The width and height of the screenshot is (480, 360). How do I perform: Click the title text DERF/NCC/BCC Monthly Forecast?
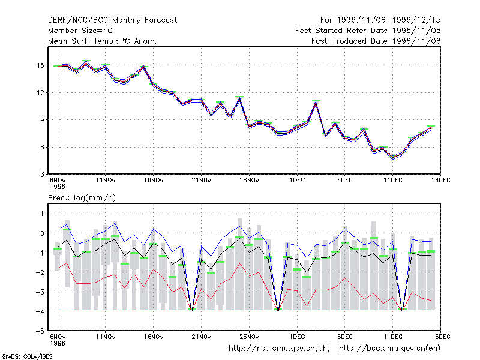point(112,20)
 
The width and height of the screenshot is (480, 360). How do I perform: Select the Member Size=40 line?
point(80,31)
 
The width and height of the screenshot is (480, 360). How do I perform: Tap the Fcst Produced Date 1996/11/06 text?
point(376,41)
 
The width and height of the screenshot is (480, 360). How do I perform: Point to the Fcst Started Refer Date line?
point(368,31)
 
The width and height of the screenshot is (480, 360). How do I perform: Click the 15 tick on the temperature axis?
point(40,65)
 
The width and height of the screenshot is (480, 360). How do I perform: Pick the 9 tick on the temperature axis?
point(42,120)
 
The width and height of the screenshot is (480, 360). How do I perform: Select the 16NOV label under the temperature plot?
point(154,181)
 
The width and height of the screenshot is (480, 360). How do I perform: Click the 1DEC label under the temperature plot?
point(297,181)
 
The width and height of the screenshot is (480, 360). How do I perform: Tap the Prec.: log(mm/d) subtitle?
point(82,198)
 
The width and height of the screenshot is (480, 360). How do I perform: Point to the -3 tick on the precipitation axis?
point(40,292)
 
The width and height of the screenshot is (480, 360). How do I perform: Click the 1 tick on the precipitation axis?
point(42,214)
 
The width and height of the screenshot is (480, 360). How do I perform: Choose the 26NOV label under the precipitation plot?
point(250,337)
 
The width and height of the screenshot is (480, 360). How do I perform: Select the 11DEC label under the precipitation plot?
point(393,337)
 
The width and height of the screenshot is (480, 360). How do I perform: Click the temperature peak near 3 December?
point(316,102)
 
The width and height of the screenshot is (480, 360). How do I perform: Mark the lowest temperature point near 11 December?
point(393,157)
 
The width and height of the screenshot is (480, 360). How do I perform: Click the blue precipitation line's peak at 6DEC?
point(344,229)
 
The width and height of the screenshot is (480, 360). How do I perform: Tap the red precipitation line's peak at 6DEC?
point(344,278)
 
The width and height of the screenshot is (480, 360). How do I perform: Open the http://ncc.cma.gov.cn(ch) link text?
point(279,349)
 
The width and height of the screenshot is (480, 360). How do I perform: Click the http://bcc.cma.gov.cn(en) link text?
point(389,349)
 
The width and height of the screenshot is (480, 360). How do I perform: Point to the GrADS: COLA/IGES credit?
point(27,356)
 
